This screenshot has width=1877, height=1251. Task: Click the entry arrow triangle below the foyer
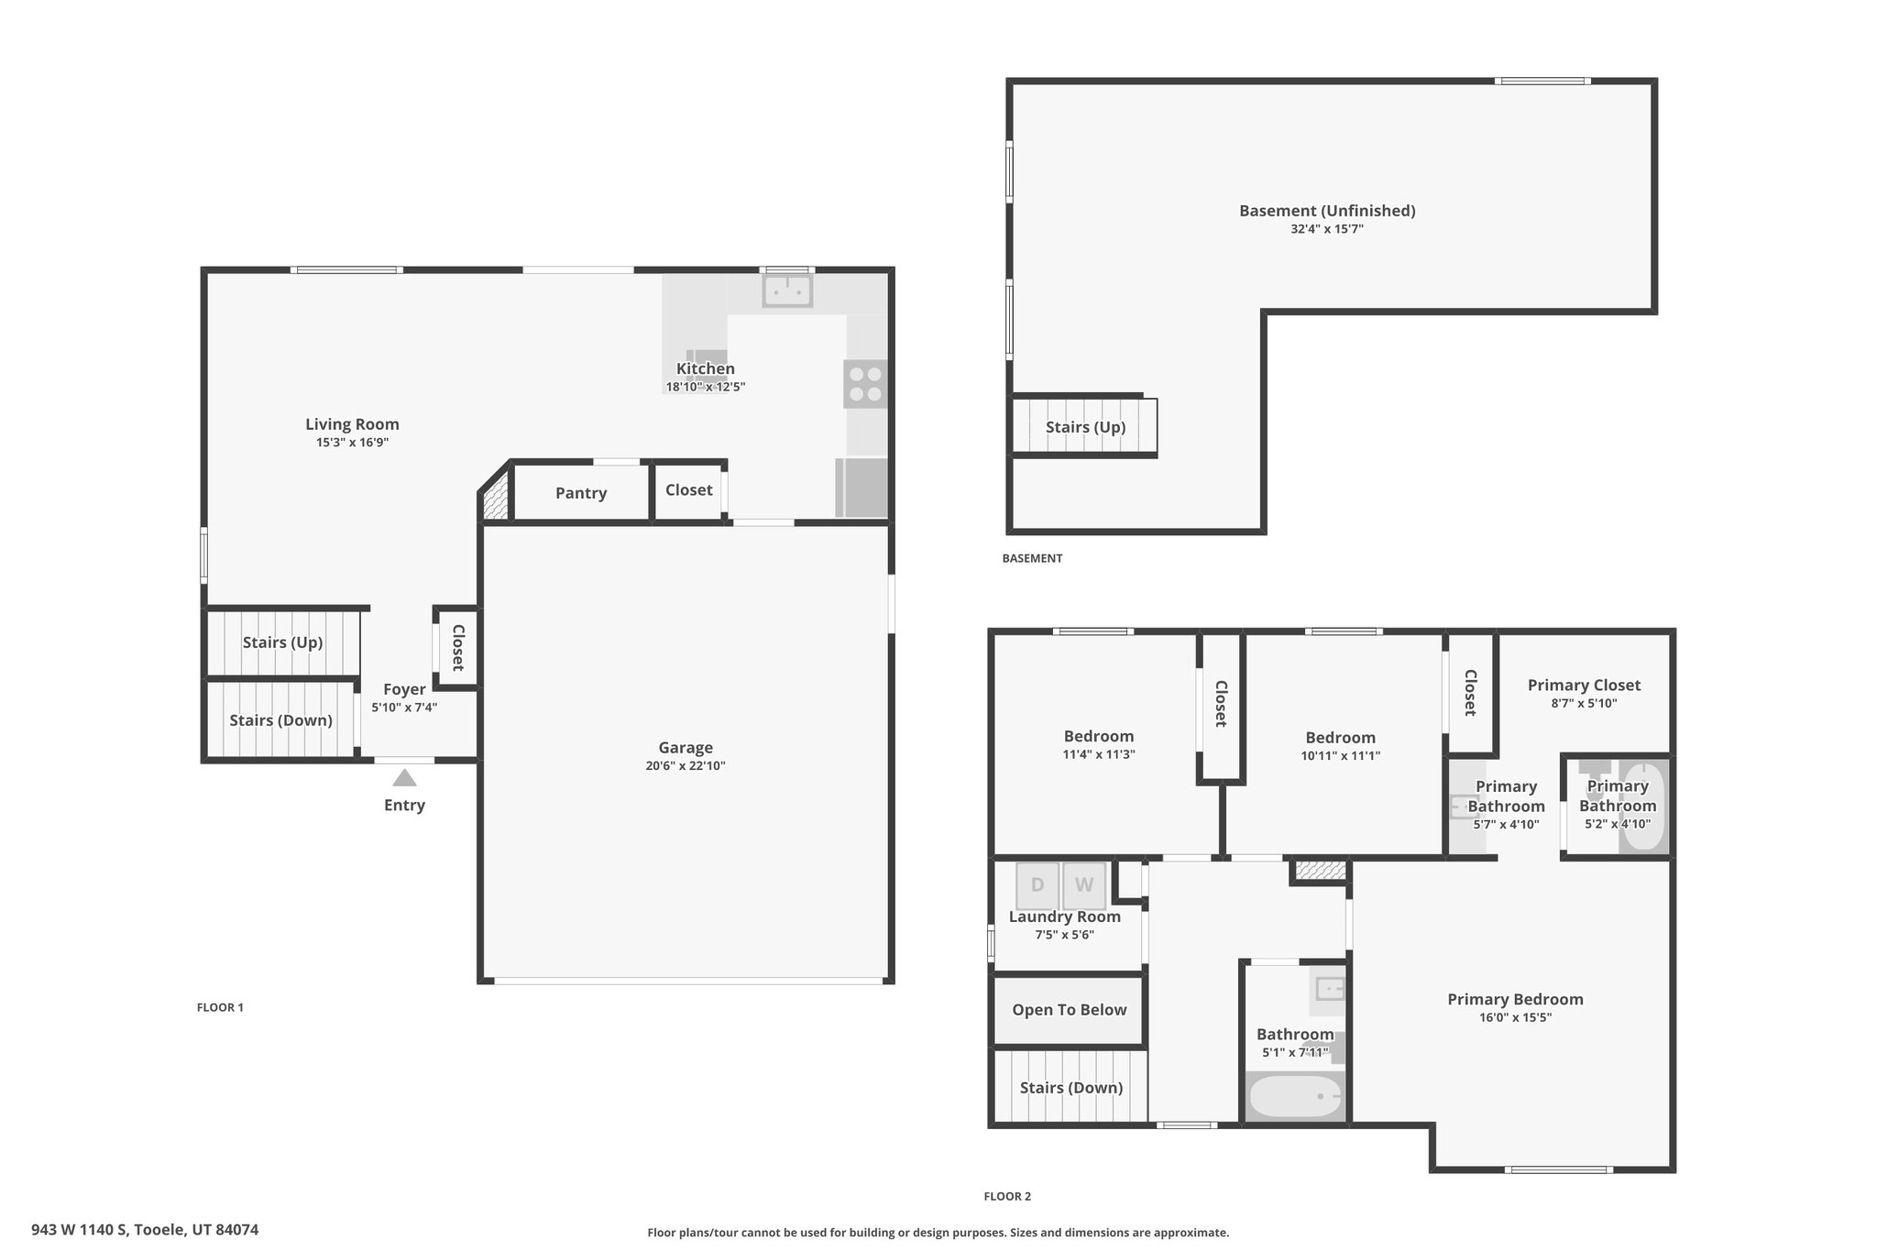[x=404, y=778]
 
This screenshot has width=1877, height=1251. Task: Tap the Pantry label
[x=581, y=493]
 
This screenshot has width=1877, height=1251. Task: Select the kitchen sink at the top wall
[x=787, y=291]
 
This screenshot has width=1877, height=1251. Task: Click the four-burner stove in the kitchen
[x=865, y=384]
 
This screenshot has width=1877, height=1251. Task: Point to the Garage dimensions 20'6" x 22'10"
[x=686, y=766]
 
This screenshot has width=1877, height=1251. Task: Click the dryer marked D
[x=1037, y=885]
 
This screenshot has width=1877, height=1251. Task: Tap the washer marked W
[x=1084, y=885]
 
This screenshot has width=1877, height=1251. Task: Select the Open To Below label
[x=1070, y=1010]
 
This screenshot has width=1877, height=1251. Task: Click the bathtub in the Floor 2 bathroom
[x=1295, y=1097]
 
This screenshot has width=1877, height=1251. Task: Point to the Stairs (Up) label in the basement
[x=1086, y=427]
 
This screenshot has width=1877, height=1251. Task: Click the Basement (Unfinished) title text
[x=1327, y=211]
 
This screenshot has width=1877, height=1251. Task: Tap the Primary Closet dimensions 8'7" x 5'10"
[x=1584, y=704]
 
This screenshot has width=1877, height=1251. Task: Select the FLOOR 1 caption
[x=220, y=1007]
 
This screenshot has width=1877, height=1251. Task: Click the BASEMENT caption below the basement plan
[x=1032, y=558]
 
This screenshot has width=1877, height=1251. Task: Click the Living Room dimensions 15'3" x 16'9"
[x=353, y=443]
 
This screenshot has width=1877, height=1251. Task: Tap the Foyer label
[x=404, y=689]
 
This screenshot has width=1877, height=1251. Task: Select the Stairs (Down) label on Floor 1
[x=280, y=720]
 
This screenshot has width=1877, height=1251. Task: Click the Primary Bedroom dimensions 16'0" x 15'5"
[x=1515, y=1017]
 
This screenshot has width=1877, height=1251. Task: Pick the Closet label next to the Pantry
[x=689, y=490]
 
